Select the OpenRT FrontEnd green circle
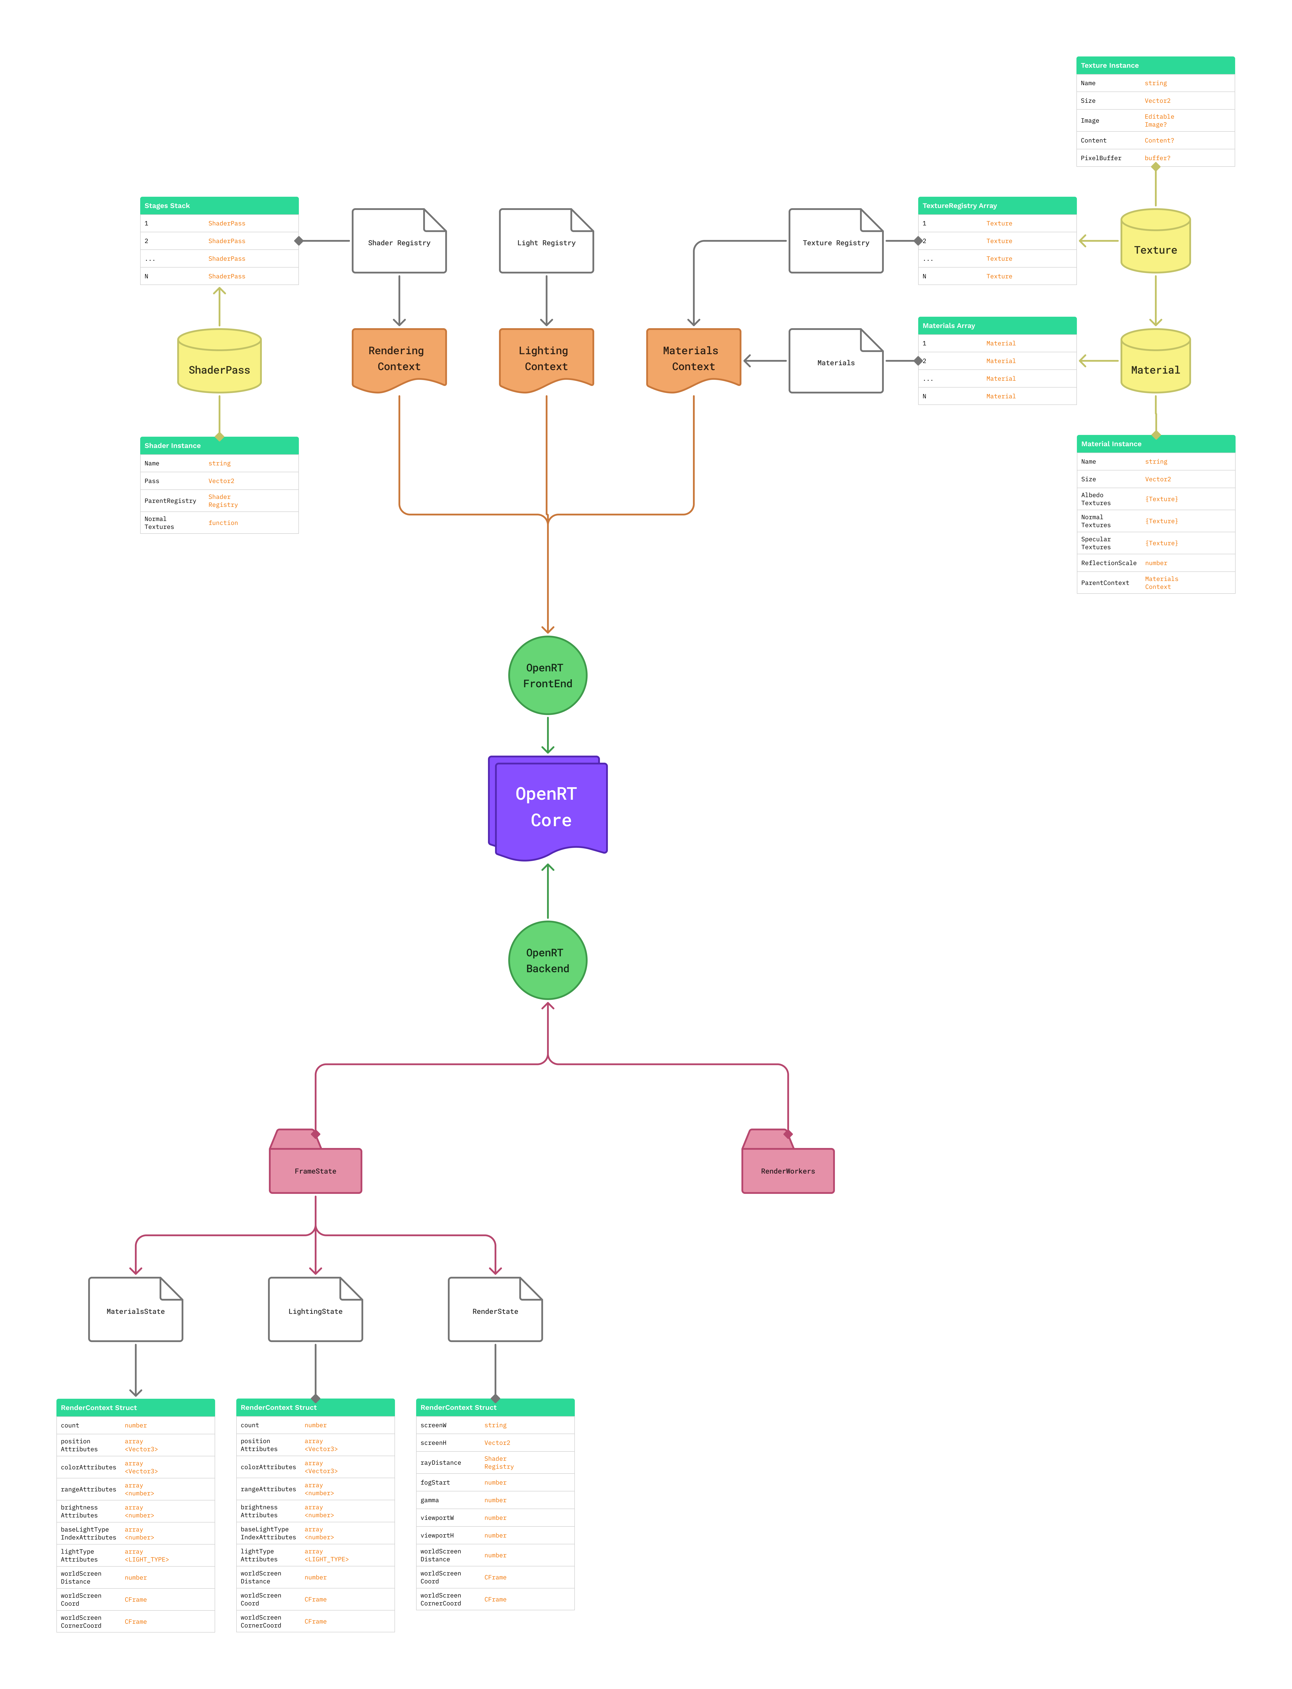(x=547, y=675)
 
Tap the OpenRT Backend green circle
(x=547, y=960)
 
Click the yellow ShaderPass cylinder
(x=219, y=362)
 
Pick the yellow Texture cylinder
(x=1155, y=242)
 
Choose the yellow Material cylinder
(x=1155, y=362)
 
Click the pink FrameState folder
(x=315, y=1170)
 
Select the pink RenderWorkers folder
(x=787, y=1170)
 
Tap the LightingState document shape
(x=315, y=1310)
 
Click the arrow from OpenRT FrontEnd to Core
(x=547, y=735)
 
